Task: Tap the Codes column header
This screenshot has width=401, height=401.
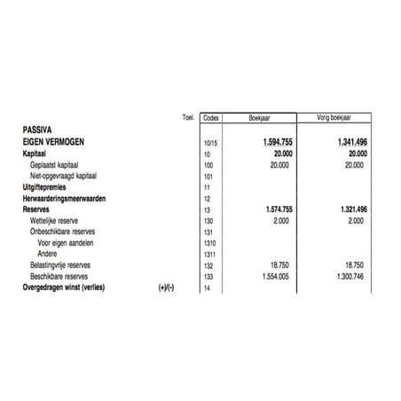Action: coord(211,117)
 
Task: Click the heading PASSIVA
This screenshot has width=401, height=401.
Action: coord(39,129)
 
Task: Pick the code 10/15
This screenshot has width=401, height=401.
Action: coord(209,142)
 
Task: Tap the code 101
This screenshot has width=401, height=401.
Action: coord(208,177)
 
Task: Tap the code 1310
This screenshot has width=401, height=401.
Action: coord(208,242)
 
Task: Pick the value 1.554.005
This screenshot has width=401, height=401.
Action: coord(278,276)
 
